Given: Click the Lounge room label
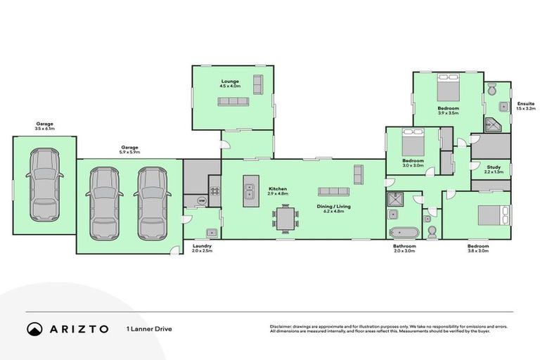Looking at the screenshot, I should click(230, 82).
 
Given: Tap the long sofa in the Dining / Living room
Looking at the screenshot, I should click(333, 191).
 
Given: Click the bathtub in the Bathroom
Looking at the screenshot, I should click(404, 231).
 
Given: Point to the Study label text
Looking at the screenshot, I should click(493, 167).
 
